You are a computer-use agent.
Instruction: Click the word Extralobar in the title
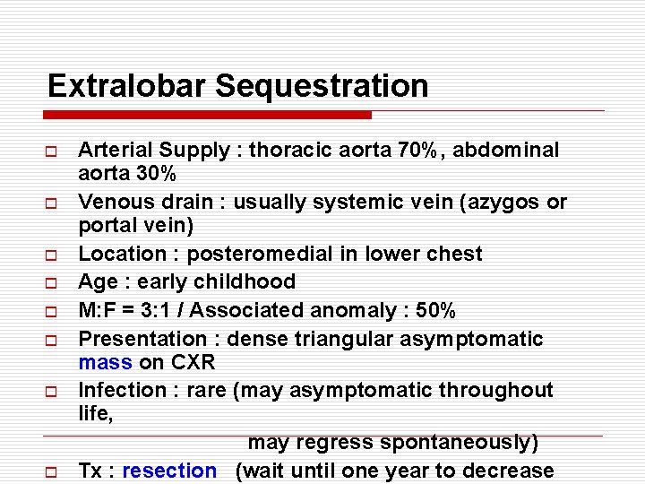point(127,86)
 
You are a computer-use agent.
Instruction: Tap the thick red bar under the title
point(208,115)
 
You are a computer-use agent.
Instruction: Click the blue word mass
point(105,363)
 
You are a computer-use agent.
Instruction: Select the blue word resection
point(169,471)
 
